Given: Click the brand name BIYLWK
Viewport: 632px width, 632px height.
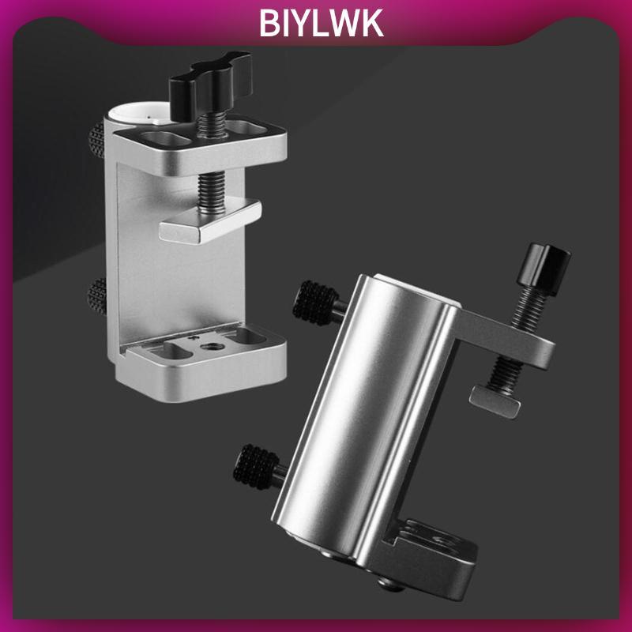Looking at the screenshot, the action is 321,24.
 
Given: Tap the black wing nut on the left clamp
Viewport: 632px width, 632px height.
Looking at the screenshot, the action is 210,85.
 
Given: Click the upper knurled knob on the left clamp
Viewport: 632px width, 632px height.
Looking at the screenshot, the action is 96,140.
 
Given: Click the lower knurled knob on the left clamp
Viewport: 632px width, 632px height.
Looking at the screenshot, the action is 96,297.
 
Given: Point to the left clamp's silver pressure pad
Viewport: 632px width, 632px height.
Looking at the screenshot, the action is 210,220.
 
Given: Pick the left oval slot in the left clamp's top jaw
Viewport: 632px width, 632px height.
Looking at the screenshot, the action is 167,140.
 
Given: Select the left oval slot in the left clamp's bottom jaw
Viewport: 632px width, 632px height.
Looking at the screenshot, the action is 171,350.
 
